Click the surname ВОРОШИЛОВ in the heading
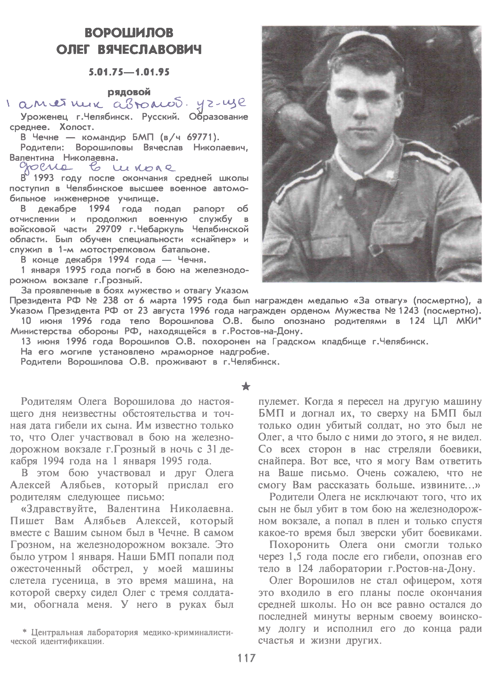coord(129,33)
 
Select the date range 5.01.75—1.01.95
coord(129,72)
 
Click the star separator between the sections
coord(246,387)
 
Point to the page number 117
coord(246,666)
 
